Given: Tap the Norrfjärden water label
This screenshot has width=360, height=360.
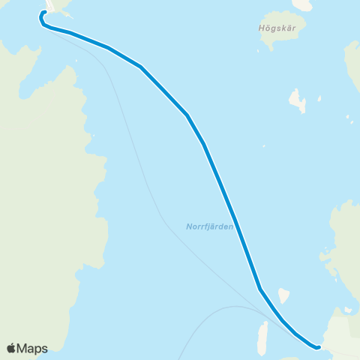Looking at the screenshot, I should [x=209, y=226].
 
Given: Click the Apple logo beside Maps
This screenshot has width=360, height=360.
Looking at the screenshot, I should [x=12, y=348].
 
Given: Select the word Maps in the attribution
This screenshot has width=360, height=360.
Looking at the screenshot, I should [x=33, y=348].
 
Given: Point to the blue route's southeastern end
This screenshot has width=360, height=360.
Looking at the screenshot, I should [x=318, y=347].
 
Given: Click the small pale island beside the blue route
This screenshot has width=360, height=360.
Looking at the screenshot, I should [x=283, y=295].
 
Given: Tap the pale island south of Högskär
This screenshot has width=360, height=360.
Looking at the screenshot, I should [x=298, y=100].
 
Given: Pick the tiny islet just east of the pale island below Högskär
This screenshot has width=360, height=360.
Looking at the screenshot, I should [x=319, y=98].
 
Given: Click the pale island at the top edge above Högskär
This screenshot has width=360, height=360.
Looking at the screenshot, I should [x=302, y=4].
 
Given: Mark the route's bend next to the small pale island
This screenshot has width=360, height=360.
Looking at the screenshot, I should [x=259, y=289].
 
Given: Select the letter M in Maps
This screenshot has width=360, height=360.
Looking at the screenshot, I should [x=24, y=348].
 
